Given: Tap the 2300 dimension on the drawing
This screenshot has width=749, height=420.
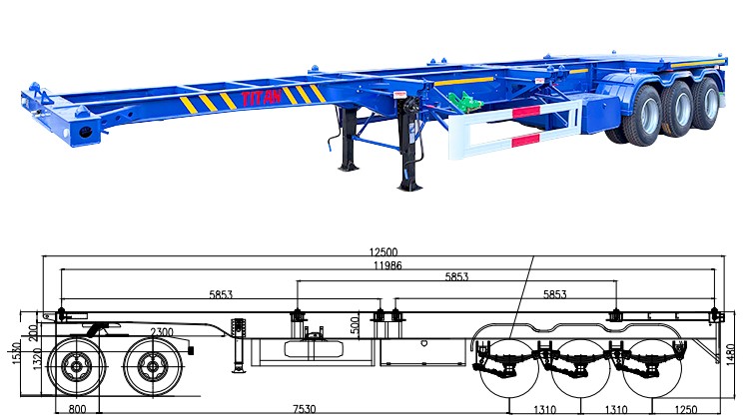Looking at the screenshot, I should tap(161, 332).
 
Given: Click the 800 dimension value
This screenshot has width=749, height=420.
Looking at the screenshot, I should tap(77, 409).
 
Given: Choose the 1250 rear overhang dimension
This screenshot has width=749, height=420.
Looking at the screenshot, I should tap(684, 409).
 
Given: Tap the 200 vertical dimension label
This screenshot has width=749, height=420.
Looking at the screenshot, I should tap(35, 329).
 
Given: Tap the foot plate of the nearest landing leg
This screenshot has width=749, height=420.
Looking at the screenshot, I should tap(410, 186).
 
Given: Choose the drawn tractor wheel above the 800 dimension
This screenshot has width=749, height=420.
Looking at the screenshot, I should tap(77, 367).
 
